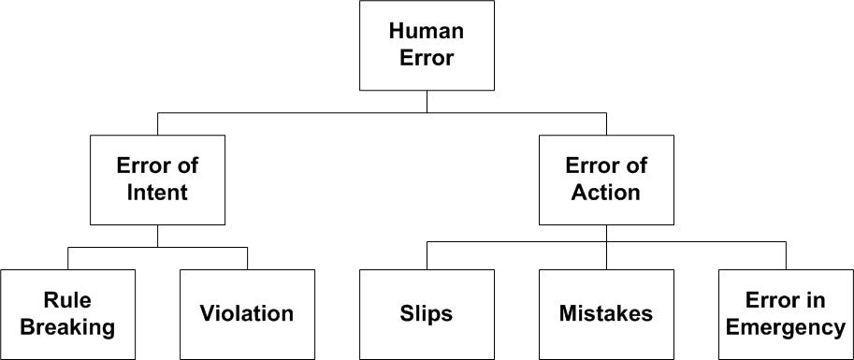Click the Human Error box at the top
427,45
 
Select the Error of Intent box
157,180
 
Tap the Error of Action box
606,180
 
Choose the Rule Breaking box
67,314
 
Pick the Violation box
247,314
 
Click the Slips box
427,314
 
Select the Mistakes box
606,314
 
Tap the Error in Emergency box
786,314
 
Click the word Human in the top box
427,31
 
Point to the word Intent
157,193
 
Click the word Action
606,193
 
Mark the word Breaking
67,327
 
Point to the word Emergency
786,327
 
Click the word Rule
67,300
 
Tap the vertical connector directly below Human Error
427,101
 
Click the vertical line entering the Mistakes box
606,255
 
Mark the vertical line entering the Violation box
247,258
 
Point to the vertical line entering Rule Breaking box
67,258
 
